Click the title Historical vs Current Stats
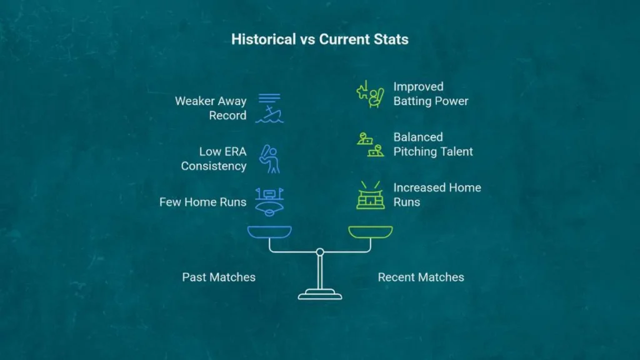pyautogui.click(x=319, y=39)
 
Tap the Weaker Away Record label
pyautogui.click(x=211, y=108)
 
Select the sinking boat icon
pyautogui.click(x=269, y=108)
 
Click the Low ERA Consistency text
pyautogui.click(x=214, y=159)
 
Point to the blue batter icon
pyautogui.click(x=269, y=159)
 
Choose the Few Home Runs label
pyautogui.click(x=203, y=202)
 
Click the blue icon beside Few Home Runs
pyautogui.click(x=269, y=202)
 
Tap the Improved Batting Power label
pyautogui.click(x=431, y=94)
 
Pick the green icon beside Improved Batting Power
pyautogui.click(x=370, y=94)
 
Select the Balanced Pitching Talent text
pyautogui.click(x=433, y=144)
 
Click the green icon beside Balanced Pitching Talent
pyautogui.click(x=370, y=144)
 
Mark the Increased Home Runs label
pyautogui.click(x=437, y=195)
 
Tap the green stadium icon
pyautogui.click(x=370, y=195)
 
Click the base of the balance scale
pyautogui.click(x=320, y=295)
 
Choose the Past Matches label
pyautogui.click(x=219, y=277)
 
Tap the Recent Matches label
pyautogui.click(x=421, y=277)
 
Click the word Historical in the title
pyautogui.click(x=263, y=39)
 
